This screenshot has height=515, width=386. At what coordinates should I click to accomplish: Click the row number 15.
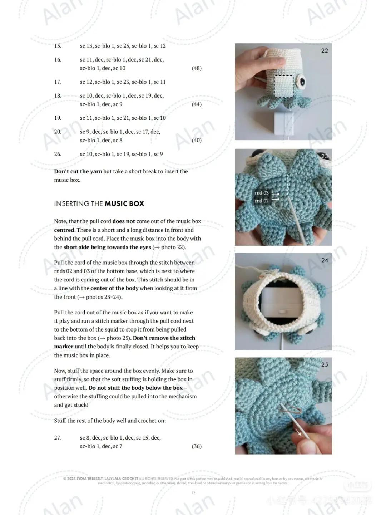[58, 46]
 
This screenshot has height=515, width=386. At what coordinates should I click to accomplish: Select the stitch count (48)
[197, 68]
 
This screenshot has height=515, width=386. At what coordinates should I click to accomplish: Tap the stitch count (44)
[197, 104]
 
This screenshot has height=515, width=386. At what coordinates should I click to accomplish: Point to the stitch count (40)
[197, 141]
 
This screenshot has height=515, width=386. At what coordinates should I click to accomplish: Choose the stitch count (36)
[197, 446]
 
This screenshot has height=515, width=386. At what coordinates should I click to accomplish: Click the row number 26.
[58, 154]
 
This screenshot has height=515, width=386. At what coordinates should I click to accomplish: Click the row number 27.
[58, 438]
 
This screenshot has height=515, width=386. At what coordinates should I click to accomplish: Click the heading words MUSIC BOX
[124, 204]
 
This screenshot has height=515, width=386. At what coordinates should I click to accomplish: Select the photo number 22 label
[325, 51]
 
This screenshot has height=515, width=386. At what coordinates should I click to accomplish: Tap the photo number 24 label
[325, 260]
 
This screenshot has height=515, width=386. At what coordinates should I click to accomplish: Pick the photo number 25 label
[325, 365]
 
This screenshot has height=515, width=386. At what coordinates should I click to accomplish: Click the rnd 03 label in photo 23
[262, 193]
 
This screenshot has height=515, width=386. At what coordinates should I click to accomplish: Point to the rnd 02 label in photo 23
[262, 201]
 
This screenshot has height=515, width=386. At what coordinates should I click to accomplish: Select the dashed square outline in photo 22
[284, 86]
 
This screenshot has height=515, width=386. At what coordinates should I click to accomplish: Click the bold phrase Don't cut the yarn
[78, 172]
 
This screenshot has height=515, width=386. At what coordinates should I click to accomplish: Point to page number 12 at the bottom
[193, 493]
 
